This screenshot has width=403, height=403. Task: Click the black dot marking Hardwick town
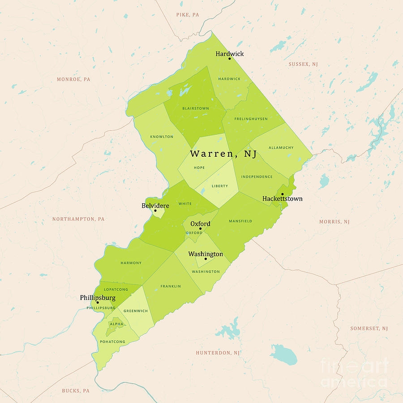pyautogui.click(x=229, y=59)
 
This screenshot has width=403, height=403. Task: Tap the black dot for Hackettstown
pyautogui.click(x=282, y=194)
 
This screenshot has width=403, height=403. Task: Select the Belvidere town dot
pyautogui.click(x=155, y=210)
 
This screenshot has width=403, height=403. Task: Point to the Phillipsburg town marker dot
pyautogui.click(x=98, y=302)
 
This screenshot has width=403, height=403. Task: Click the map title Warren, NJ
pyautogui.click(x=223, y=154)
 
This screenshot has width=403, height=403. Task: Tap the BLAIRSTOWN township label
pyautogui.click(x=195, y=108)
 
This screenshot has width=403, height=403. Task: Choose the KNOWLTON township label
pyautogui.click(x=162, y=137)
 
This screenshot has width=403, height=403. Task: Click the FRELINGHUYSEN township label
pyautogui.click(x=251, y=119)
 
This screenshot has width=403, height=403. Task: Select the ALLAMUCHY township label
pyautogui.click(x=281, y=147)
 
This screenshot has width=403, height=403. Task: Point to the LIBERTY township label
pyautogui.click(x=220, y=186)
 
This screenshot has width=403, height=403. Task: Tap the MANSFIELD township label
pyautogui.click(x=240, y=221)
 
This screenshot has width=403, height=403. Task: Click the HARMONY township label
pyautogui.click(x=131, y=263)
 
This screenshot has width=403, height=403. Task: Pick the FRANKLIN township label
pyautogui.click(x=171, y=286)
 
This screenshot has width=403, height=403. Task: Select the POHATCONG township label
pyautogui.click(x=113, y=342)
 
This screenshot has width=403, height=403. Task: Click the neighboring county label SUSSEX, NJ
pyautogui.click(x=303, y=64)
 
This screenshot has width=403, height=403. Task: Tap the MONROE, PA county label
pyautogui.click(x=73, y=79)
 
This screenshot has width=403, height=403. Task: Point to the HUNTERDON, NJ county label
pyautogui.click(x=218, y=353)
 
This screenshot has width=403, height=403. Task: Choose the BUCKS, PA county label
pyautogui.click(x=76, y=390)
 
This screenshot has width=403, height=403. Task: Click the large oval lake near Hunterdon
pyautogui.click(x=283, y=354)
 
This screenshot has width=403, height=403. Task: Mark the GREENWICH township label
pyautogui.click(x=135, y=311)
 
